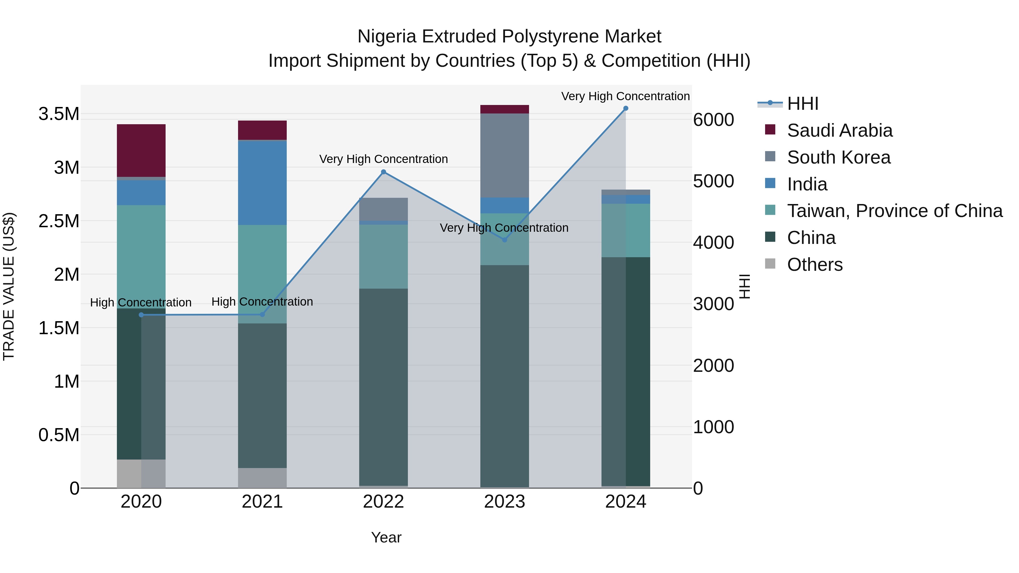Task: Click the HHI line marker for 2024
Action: point(625,108)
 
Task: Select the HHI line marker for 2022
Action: point(383,172)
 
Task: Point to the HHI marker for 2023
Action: point(504,240)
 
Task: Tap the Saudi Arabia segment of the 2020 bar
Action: point(141,150)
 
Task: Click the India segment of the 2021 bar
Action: point(262,182)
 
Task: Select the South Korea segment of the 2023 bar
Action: point(504,155)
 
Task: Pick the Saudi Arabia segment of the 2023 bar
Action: point(504,109)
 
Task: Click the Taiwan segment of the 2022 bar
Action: point(383,256)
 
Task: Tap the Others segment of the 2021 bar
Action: point(262,478)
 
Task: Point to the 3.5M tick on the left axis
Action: point(59,114)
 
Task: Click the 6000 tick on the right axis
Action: point(714,119)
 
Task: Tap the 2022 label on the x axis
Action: point(383,502)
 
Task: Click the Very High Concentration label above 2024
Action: point(625,96)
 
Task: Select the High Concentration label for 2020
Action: point(141,302)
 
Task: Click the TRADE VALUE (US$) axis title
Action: point(9,286)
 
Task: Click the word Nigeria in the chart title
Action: point(386,37)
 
